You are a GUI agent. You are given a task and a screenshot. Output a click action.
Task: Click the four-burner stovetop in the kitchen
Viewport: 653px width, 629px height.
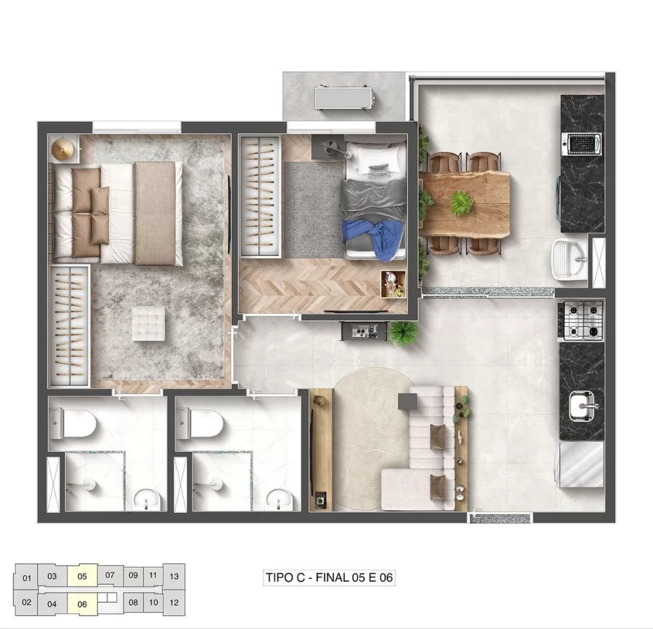pos(581,320)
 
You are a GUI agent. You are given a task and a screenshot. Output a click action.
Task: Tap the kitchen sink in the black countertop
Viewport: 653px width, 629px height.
pos(582,405)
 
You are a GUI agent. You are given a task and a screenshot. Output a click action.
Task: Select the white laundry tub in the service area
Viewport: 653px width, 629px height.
pos(570,260)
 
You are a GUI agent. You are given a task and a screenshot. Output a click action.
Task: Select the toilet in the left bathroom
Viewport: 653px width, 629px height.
pos(76,422)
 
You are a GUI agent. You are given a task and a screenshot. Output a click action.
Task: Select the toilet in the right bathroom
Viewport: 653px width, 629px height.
pos(203,422)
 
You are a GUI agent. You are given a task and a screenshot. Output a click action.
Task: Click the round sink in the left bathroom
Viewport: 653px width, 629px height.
pos(149,498)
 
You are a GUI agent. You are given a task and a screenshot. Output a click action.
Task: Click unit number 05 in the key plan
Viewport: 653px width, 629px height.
pos(82,575)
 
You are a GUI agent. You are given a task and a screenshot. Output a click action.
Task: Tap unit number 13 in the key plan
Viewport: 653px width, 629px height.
pos(174,575)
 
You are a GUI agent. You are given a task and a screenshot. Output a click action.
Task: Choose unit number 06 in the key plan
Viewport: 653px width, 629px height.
pos(82,603)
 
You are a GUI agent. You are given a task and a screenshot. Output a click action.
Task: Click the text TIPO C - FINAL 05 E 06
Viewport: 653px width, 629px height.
pos(329,578)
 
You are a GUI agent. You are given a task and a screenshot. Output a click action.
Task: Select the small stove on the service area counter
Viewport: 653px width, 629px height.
pos(582,144)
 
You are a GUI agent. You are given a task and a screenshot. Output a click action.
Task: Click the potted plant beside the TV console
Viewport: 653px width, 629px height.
pos(404,332)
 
